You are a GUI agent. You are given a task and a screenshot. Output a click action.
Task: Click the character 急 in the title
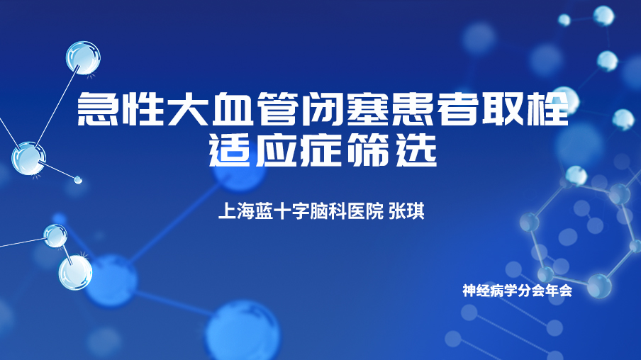(x=98, y=108)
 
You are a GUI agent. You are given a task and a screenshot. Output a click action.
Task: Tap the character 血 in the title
(x=233, y=108)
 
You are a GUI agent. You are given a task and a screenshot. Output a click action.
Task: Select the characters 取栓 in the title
(x=525, y=108)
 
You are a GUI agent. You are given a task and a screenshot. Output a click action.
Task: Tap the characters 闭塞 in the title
(x=345, y=108)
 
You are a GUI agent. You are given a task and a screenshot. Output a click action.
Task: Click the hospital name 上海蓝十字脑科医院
(x=301, y=211)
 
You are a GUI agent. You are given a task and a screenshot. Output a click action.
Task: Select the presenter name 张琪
(x=406, y=211)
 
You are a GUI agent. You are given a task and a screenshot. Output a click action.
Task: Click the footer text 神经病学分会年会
(x=517, y=291)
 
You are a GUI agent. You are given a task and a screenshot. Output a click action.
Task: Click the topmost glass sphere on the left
(x=84, y=57)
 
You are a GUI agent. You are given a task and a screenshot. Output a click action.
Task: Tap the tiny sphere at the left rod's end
(x=78, y=179)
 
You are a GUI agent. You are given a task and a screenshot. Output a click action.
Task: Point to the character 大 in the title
(x=188, y=108)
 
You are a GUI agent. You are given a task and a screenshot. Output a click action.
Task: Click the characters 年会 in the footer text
(x=559, y=291)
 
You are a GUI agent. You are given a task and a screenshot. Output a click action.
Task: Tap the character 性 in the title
(x=143, y=108)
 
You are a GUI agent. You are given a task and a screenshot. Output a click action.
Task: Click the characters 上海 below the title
(x=236, y=211)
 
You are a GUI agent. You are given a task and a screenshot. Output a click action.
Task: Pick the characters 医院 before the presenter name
(x=365, y=211)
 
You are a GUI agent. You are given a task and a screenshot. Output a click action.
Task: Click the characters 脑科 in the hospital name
(x=329, y=211)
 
